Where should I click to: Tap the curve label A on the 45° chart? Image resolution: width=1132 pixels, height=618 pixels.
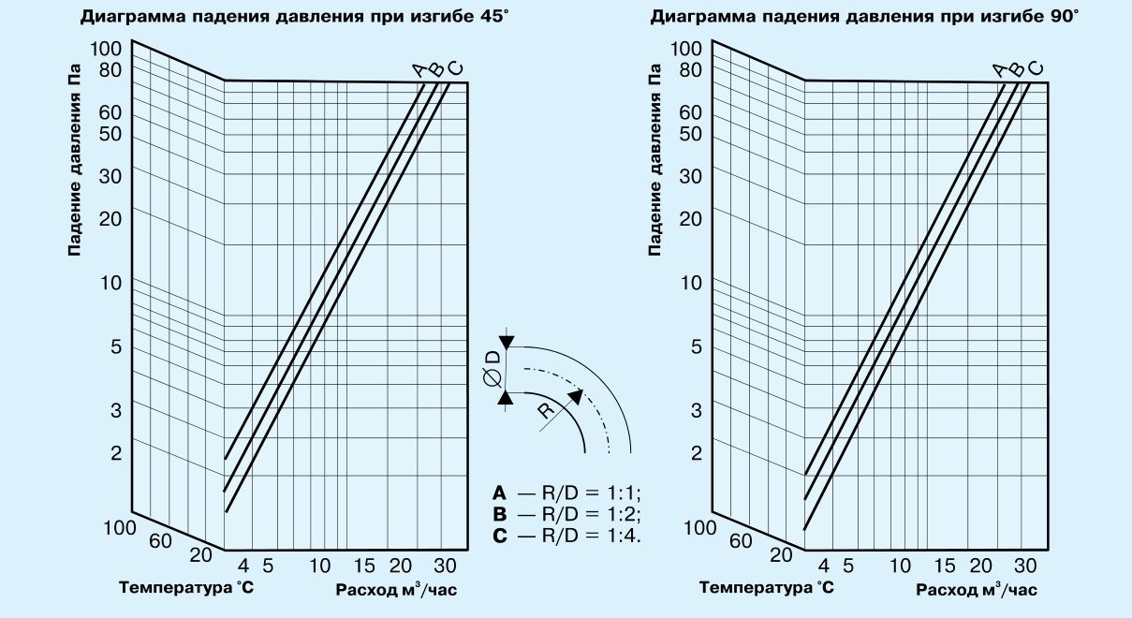[419, 68]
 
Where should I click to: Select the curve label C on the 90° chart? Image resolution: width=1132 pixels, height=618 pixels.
[1034, 68]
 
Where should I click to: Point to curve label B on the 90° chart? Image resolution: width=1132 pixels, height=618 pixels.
[1016, 68]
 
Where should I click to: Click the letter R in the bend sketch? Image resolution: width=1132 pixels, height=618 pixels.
[546, 412]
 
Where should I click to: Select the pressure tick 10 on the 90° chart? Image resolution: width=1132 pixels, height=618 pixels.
[690, 283]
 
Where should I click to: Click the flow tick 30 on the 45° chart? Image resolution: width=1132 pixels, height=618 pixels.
[445, 566]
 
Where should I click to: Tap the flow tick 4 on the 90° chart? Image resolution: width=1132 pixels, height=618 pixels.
[824, 566]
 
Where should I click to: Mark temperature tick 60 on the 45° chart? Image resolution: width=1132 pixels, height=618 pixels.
[160, 540]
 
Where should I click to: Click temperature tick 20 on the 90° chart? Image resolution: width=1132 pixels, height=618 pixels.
[781, 554]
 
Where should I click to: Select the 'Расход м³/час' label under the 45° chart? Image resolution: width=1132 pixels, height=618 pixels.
[396, 590]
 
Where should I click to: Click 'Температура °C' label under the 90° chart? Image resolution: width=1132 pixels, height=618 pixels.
[767, 588]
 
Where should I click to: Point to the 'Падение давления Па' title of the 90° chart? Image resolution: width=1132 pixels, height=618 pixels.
[655, 159]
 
